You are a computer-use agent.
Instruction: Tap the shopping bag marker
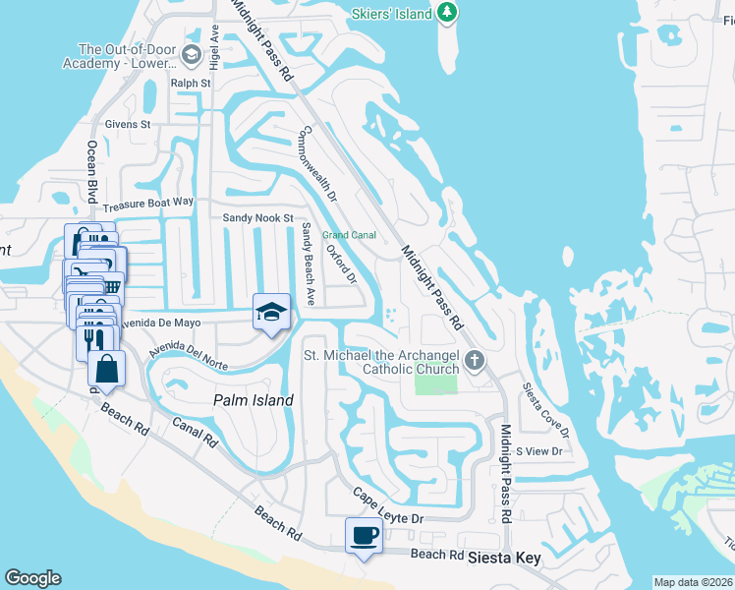point(107,370)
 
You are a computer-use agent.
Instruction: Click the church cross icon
point(475,360)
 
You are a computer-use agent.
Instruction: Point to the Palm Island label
point(254,400)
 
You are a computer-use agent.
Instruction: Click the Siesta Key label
point(504,558)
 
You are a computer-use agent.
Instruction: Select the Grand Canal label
point(350,235)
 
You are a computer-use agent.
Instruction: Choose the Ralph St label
point(191,84)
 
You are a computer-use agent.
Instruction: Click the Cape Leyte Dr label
point(387,506)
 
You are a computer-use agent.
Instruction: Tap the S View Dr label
point(538,451)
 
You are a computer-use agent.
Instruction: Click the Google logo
point(32,578)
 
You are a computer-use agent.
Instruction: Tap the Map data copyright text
point(692,582)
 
